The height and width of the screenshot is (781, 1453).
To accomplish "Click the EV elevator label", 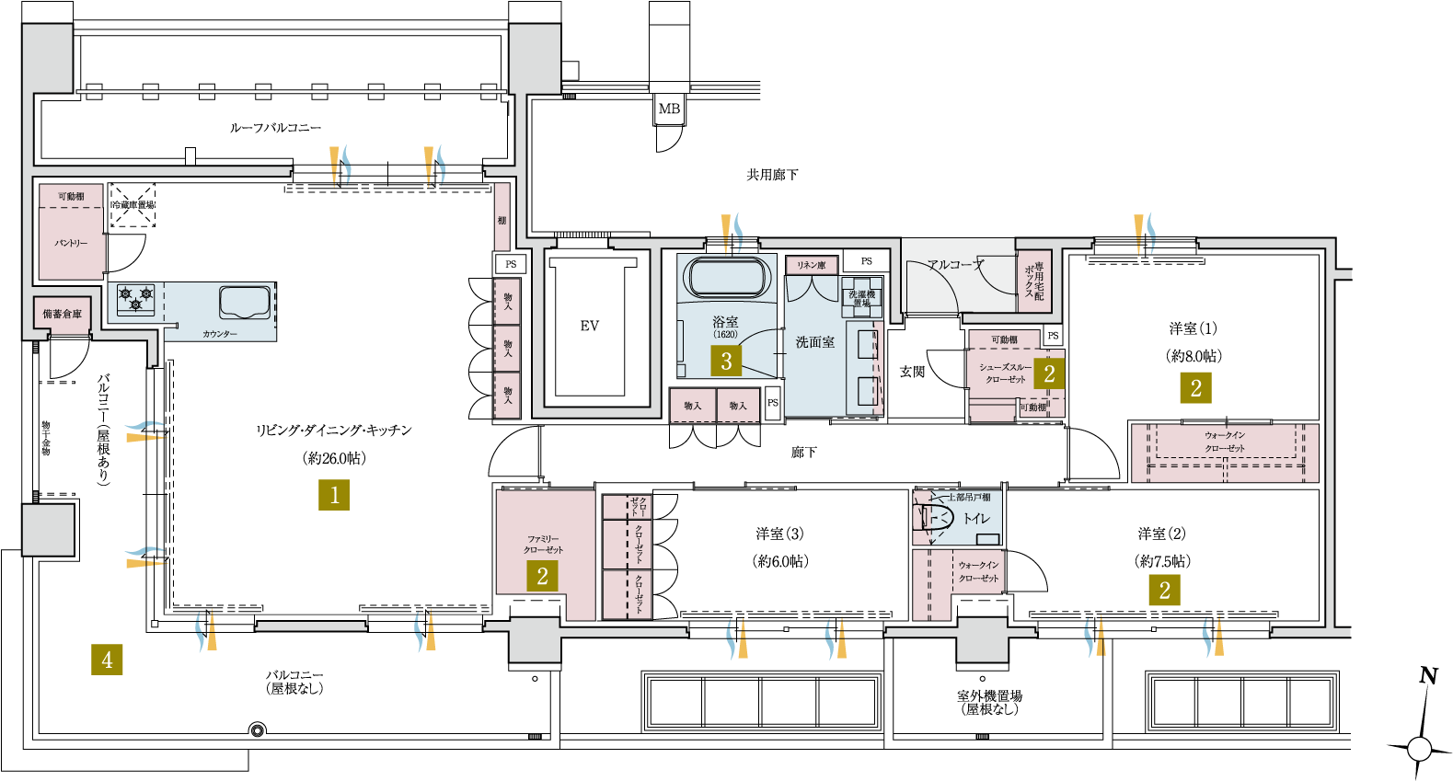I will click(x=590, y=326).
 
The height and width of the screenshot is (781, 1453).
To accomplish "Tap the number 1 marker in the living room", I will click(x=334, y=495).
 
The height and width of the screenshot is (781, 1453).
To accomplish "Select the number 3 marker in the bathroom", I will click(x=726, y=361).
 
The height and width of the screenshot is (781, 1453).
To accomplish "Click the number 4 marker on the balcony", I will click(x=107, y=659).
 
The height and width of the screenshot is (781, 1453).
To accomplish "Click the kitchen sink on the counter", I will click(x=245, y=302).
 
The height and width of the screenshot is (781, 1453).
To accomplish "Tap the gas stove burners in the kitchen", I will click(x=135, y=298).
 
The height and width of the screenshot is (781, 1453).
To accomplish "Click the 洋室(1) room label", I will click(x=1194, y=328).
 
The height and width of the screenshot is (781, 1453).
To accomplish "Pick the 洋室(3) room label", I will click(x=779, y=534).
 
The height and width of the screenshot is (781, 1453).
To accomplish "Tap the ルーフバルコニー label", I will click(x=275, y=128).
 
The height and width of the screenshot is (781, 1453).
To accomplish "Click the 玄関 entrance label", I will click(x=912, y=372).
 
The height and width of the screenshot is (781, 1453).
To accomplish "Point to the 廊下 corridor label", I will click(x=803, y=453).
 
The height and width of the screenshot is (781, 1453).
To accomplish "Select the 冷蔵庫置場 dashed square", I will click(x=133, y=205).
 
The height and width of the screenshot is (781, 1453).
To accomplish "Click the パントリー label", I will click(x=71, y=244).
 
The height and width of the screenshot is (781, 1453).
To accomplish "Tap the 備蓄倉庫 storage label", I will click(x=63, y=314).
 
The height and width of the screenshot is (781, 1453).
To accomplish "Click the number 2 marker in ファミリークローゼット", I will click(x=542, y=576).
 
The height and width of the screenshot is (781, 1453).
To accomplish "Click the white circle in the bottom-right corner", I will click(x=1419, y=749).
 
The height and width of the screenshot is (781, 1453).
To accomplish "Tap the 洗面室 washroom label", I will click(x=815, y=342).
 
